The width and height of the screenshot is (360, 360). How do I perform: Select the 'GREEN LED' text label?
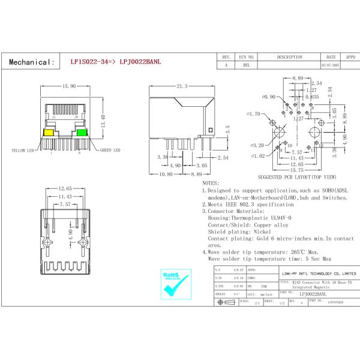click(x=110, y=150)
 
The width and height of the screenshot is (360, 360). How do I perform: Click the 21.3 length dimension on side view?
click(x=182, y=86)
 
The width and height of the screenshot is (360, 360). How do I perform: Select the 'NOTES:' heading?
click(x=211, y=182)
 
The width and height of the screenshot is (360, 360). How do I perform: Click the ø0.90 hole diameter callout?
click(x=268, y=96)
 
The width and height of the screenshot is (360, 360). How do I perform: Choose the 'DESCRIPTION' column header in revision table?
click(x=289, y=57)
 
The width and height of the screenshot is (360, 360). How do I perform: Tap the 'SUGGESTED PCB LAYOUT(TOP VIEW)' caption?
click(x=297, y=178)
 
